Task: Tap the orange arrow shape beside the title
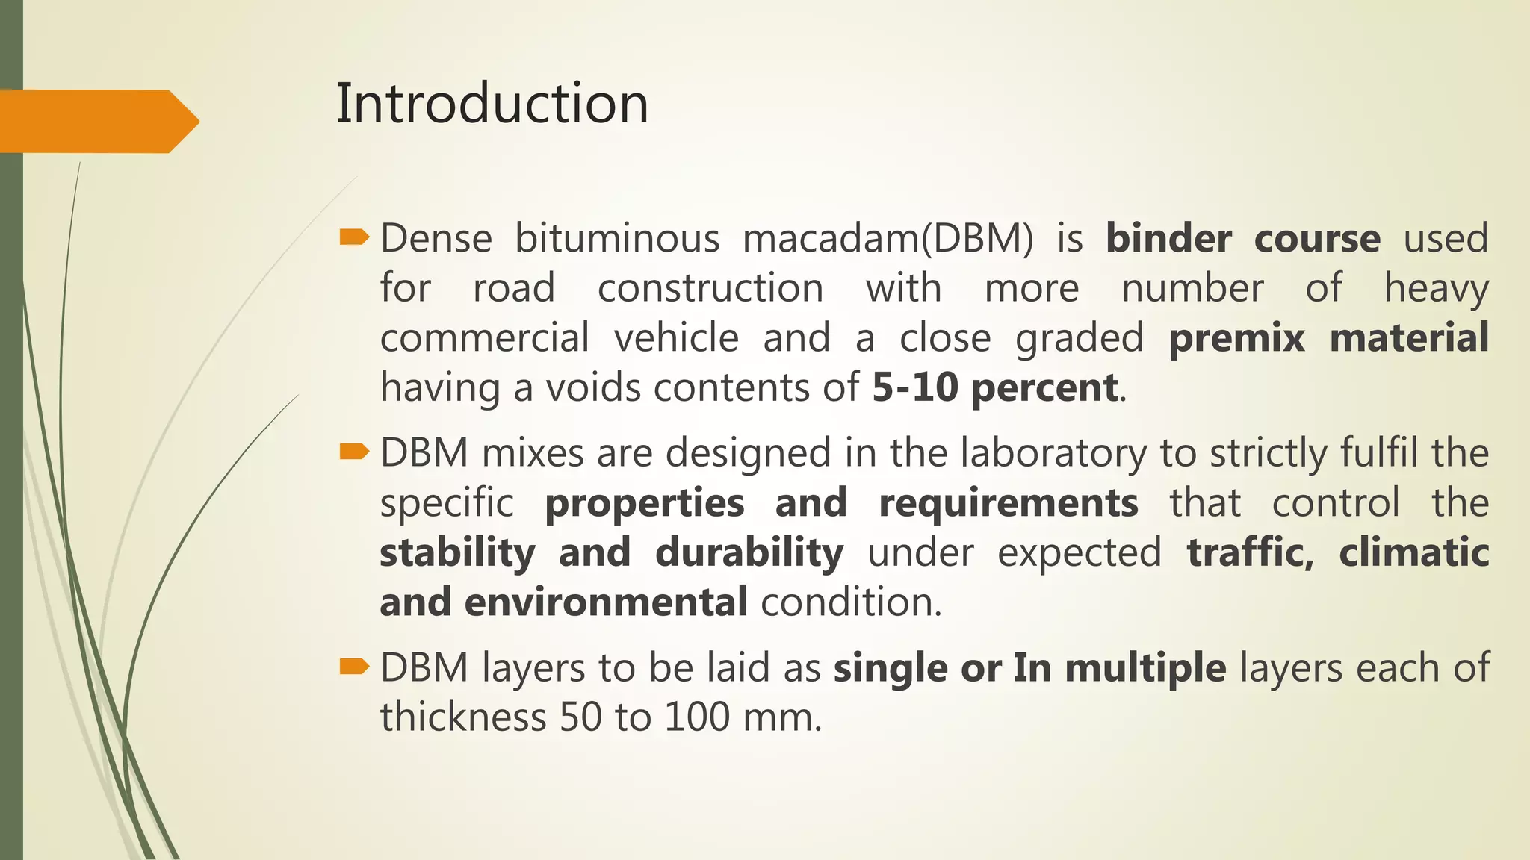tap(97, 121)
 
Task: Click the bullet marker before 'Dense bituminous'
tap(354, 237)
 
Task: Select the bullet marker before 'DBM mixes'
tap(354, 452)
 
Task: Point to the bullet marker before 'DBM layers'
tap(354, 666)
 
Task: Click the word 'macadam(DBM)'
tap(888, 239)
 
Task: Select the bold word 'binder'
tap(1168, 239)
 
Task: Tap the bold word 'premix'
tap(1236, 337)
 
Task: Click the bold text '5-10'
tap(914, 387)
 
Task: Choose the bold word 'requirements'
tap(1009, 503)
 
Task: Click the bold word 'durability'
tap(749, 553)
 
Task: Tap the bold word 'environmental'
tap(605, 602)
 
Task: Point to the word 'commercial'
tap(485, 337)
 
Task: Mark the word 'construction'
tap(710, 288)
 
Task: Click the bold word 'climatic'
tap(1413, 553)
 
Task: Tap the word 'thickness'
tap(463, 717)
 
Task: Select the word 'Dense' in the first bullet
tap(436, 239)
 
